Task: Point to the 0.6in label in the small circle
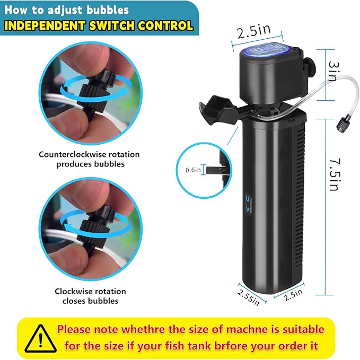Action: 193,170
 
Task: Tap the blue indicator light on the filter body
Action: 248,202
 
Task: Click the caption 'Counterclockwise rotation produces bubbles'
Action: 89,159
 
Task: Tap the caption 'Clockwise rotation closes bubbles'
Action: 90,296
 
